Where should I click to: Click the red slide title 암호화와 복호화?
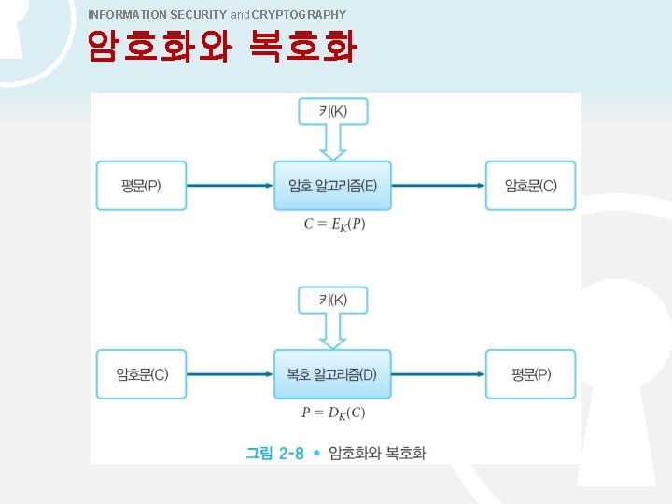221,46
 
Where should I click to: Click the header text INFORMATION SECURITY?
157,15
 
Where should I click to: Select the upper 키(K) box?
332,111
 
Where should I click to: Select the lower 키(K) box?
332,300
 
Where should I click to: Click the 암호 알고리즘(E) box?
332,186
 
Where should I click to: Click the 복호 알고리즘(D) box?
332,374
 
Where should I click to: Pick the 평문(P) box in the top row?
141,186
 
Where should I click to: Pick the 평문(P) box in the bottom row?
530,374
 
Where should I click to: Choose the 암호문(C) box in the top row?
530,186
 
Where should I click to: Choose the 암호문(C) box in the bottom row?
141,374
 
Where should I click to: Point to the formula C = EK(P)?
333,224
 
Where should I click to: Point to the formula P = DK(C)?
333,413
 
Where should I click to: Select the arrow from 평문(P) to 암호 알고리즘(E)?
230,186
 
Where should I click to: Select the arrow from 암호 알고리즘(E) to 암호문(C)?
438,186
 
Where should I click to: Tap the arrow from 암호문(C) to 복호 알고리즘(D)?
230,374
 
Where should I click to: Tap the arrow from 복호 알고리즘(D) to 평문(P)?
438,374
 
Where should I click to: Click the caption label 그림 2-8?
274,454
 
